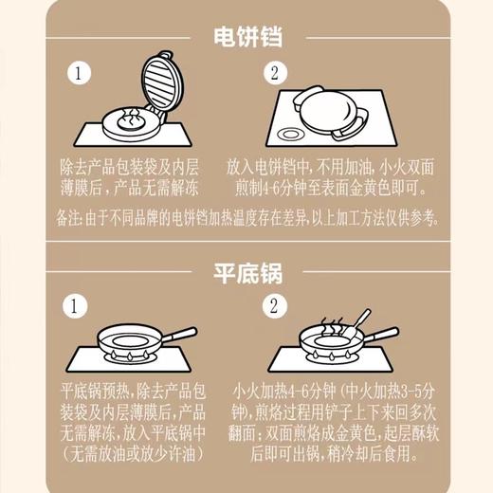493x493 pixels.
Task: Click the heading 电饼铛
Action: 246,37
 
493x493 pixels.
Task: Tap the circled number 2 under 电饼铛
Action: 275,74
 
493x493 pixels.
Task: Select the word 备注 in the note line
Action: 70,217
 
